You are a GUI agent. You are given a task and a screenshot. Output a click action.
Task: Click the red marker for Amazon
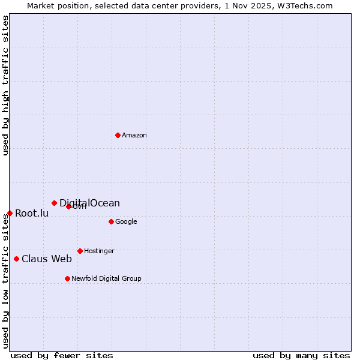point(118,135)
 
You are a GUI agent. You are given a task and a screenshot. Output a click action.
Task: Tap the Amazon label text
point(134,136)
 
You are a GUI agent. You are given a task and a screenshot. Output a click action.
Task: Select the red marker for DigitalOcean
point(54,203)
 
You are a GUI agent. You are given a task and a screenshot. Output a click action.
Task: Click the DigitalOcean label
point(89,203)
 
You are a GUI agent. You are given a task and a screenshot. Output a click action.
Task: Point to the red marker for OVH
point(68,206)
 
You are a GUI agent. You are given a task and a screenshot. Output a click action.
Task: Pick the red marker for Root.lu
point(10,213)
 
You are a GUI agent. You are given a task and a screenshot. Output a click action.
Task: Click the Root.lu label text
point(32,214)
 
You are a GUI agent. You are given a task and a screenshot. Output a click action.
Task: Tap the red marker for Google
point(111,221)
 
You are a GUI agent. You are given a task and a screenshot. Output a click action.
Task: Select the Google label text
point(126,222)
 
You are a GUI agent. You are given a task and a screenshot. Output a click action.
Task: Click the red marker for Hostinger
point(80,251)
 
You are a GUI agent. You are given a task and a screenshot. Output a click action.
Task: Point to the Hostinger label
point(99,251)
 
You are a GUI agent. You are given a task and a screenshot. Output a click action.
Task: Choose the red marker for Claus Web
point(16,259)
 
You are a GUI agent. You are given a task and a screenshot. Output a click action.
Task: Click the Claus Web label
point(47,259)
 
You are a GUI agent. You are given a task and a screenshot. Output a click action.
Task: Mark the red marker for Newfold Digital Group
point(67,278)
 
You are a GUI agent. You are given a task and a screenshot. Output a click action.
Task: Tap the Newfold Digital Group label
point(106,279)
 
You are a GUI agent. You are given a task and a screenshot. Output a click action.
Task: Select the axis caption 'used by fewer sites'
point(62,355)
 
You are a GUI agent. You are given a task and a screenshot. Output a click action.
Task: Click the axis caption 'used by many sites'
point(301,355)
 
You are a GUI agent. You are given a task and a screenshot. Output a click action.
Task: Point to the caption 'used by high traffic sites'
point(5,85)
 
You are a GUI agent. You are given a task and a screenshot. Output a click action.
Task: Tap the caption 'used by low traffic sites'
point(5,281)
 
